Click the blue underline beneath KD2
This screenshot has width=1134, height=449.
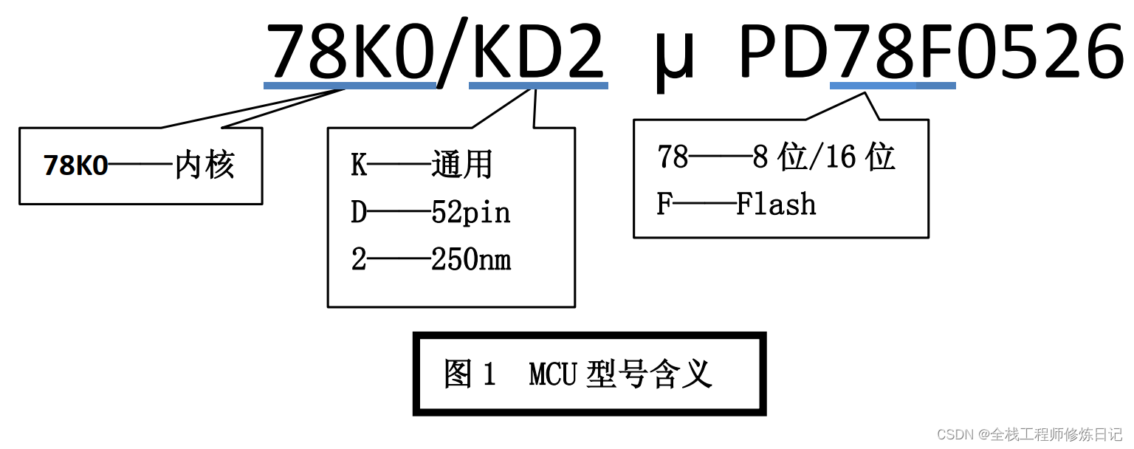(x=538, y=86)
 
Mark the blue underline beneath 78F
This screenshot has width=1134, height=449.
(x=893, y=86)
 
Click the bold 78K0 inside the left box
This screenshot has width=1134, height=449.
(x=75, y=166)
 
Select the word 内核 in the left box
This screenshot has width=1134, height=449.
(x=205, y=165)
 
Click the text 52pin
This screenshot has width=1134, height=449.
(x=470, y=213)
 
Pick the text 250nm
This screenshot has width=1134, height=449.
(x=471, y=260)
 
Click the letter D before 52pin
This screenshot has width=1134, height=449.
(x=359, y=213)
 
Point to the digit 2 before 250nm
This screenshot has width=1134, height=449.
(x=359, y=260)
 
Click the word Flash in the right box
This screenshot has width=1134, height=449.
(x=776, y=205)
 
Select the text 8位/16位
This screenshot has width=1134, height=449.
(x=823, y=157)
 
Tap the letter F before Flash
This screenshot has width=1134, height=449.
(x=664, y=205)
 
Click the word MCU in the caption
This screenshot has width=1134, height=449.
(x=552, y=374)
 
